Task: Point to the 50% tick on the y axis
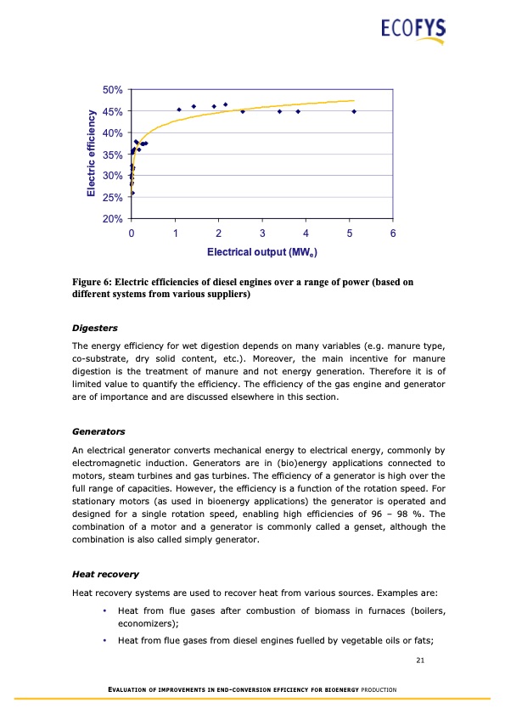click(x=112, y=89)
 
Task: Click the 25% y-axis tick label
click(x=112, y=198)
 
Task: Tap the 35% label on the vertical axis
click(x=112, y=155)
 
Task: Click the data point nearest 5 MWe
click(x=354, y=111)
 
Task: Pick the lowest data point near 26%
click(x=132, y=193)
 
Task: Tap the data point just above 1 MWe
click(x=179, y=110)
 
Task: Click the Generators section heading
click(x=98, y=431)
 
